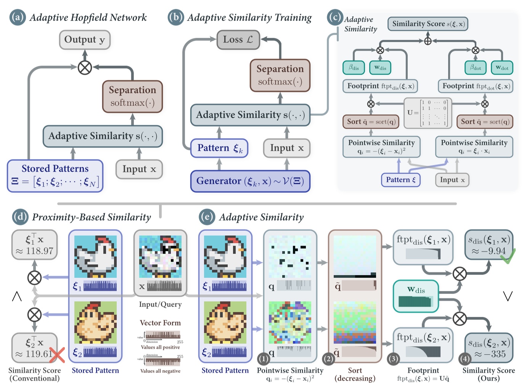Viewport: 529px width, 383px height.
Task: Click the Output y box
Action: [x=85, y=40]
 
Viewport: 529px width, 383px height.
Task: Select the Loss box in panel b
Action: [x=238, y=40]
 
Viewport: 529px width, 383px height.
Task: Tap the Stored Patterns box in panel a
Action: [x=55, y=175]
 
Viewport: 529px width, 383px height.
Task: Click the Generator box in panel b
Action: [x=250, y=181]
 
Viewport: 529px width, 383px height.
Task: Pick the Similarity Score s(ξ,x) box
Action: [x=428, y=24]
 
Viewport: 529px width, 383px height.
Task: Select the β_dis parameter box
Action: [x=354, y=68]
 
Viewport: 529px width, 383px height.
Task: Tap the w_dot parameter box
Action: [x=502, y=68]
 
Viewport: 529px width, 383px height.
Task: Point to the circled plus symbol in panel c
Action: [x=428, y=41]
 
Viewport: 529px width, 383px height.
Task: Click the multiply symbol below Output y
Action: [x=85, y=68]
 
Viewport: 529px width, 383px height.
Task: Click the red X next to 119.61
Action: [x=57, y=354]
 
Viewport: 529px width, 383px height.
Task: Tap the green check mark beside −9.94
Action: [x=508, y=256]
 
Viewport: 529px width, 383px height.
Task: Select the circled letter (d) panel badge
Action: [x=20, y=217]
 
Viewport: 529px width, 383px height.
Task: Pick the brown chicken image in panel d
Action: [x=95, y=322]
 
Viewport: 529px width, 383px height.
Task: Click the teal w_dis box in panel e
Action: [x=416, y=296]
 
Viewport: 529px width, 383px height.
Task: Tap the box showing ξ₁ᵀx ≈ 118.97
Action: [x=34, y=245]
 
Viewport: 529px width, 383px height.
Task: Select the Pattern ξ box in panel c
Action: [x=400, y=180]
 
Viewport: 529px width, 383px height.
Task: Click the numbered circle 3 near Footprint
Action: [x=393, y=359]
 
